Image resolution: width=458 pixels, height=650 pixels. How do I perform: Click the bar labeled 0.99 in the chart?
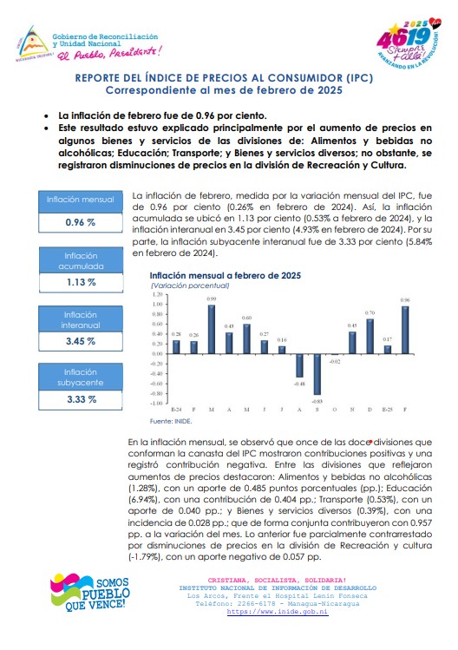click(x=212, y=329)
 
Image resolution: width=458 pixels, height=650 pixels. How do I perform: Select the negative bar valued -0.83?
click(x=317, y=374)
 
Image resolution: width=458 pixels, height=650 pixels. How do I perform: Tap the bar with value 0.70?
click(x=370, y=336)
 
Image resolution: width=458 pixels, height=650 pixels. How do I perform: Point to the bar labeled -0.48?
click(x=299, y=365)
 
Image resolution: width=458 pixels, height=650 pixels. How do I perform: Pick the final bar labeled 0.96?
click(x=405, y=330)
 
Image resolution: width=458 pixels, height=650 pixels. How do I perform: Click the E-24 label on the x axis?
click(x=176, y=410)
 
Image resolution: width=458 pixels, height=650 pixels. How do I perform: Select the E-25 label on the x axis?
click(x=387, y=410)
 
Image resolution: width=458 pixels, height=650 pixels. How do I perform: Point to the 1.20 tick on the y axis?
click(x=158, y=294)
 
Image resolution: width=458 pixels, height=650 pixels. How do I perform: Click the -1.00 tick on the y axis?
click(x=157, y=403)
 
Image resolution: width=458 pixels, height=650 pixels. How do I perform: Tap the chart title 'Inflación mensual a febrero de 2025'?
click(x=225, y=276)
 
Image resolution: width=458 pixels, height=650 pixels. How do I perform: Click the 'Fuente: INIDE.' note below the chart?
click(x=171, y=421)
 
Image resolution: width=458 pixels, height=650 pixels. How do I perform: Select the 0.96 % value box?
click(x=81, y=223)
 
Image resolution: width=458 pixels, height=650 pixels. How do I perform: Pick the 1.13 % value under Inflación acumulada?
click(x=82, y=282)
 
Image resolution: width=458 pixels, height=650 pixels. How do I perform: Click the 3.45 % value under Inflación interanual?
click(x=81, y=342)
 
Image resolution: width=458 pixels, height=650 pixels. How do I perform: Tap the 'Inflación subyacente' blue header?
click(x=81, y=378)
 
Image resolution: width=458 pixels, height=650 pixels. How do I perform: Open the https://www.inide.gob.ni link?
click(x=278, y=612)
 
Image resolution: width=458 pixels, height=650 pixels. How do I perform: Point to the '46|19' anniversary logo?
click(x=409, y=43)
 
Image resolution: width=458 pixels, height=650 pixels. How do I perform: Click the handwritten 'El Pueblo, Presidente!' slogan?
click(x=109, y=54)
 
